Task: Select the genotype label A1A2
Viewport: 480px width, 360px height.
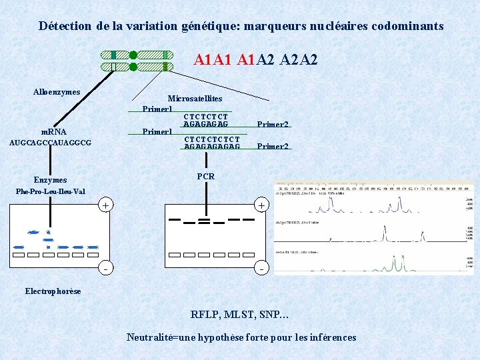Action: (255, 61)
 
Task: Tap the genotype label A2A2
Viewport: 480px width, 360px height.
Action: (299, 61)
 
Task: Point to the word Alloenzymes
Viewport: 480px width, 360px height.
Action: (57, 92)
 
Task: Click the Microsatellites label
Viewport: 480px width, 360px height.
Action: (195, 99)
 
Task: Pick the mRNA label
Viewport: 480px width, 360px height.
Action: (53, 132)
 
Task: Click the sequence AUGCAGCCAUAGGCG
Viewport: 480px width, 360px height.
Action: (51, 143)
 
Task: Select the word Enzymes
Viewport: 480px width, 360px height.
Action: (51, 180)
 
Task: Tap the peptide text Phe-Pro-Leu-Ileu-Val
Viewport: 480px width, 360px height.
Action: (51, 191)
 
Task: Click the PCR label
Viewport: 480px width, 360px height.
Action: (206, 177)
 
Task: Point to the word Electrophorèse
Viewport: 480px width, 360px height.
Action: (53, 291)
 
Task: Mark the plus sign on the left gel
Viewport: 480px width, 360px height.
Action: (105, 205)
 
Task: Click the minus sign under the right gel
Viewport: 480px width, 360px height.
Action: (261, 269)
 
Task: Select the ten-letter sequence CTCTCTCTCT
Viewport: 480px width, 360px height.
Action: (211, 139)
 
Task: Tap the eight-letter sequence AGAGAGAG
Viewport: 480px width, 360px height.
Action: (205, 124)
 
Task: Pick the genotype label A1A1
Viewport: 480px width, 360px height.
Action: (213, 61)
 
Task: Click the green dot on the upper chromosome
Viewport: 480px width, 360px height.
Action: (133, 55)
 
